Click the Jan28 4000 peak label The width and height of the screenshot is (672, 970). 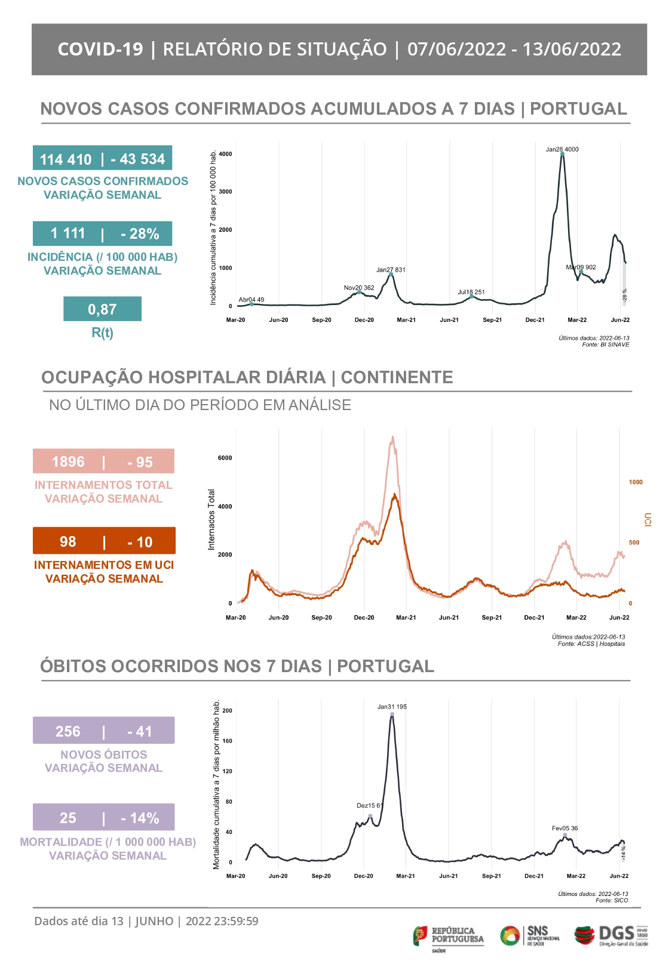[x=561, y=149]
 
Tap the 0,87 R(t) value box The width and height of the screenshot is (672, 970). [x=102, y=309]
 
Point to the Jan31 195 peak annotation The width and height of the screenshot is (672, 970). [x=392, y=707]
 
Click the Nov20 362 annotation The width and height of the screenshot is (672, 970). [x=359, y=288]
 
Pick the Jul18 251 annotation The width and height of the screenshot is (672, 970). [x=471, y=292]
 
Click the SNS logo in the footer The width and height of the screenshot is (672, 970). [x=530, y=935]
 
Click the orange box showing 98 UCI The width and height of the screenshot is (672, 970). [x=104, y=541]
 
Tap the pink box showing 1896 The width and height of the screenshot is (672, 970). [x=103, y=461]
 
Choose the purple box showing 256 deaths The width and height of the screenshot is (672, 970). [x=103, y=731]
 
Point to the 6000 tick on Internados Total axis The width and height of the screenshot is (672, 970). [x=225, y=458]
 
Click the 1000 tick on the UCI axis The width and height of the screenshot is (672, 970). [x=636, y=482]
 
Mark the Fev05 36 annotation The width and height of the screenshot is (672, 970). [x=564, y=829]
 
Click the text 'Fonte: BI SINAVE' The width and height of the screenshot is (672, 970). [x=605, y=344]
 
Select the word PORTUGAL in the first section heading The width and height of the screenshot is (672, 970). [x=578, y=109]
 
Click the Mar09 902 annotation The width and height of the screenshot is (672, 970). [x=581, y=267]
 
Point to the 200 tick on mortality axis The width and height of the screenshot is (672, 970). [x=227, y=711]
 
